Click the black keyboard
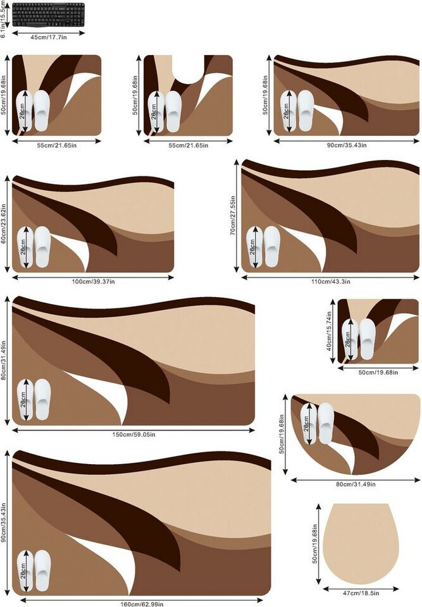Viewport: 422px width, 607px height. point(48,14)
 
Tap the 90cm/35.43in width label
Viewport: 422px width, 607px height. point(346,145)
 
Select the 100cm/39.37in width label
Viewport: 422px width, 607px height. point(92,281)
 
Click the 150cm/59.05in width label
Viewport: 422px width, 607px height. point(133,434)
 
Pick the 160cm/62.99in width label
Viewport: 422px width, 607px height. point(142,604)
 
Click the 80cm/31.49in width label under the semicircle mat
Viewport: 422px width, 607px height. point(356,484)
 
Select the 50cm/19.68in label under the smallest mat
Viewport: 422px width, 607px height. point(378,372)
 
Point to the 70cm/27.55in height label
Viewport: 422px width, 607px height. point(233,216)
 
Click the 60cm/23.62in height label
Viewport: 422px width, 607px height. point(4,224)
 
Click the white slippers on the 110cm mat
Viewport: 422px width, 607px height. point(263,247)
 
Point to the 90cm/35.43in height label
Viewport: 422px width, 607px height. point(4,522)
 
